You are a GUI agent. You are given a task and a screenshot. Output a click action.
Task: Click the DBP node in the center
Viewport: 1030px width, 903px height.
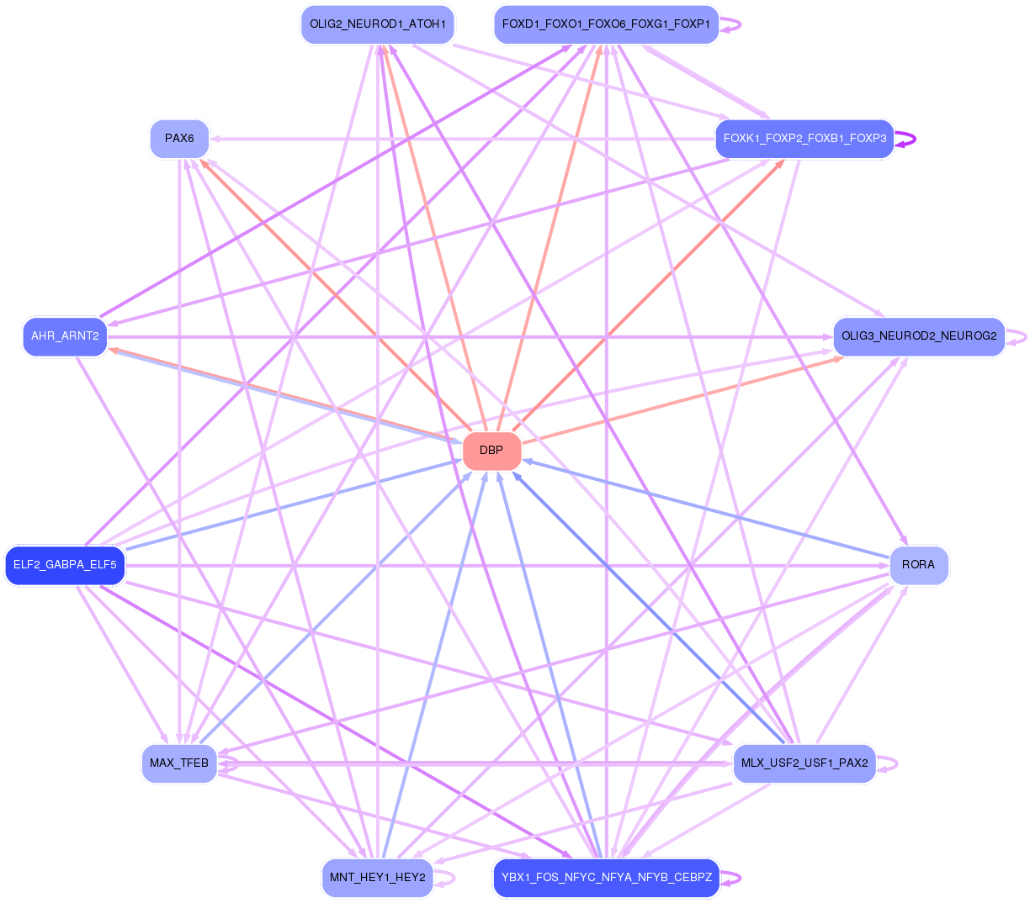[x=491, y=451]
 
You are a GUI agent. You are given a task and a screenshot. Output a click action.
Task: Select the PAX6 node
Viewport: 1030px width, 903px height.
[x=179, y=139]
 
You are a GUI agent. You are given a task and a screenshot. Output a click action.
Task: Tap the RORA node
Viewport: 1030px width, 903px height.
[x=918, y=565]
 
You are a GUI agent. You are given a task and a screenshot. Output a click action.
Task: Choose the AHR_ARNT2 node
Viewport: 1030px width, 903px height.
[x=65, y=336]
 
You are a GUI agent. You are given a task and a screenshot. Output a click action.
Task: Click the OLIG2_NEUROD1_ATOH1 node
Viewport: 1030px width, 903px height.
[x=377, y=24]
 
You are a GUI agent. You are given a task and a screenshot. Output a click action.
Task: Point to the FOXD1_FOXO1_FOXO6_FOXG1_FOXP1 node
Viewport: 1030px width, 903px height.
[x=606, y=24]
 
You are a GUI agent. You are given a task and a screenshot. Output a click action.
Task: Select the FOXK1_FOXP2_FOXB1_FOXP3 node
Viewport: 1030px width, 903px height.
[x=804, y=139]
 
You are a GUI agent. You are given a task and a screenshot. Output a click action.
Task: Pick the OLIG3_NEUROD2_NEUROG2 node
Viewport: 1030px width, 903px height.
[x=918, y=336]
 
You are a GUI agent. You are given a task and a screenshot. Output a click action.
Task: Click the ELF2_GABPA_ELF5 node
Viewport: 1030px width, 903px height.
[x=65, y=565]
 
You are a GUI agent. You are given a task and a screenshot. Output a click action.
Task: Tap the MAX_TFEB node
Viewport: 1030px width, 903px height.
[x=179, y=763]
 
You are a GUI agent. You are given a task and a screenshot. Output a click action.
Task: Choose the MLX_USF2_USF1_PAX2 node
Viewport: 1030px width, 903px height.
[x=804, y=763]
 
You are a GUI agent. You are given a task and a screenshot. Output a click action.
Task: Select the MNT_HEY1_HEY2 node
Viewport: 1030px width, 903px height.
[x=377, y=878]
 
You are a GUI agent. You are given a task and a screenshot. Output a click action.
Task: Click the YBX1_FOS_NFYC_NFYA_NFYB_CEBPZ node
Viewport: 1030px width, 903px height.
[x=606, y=878]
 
